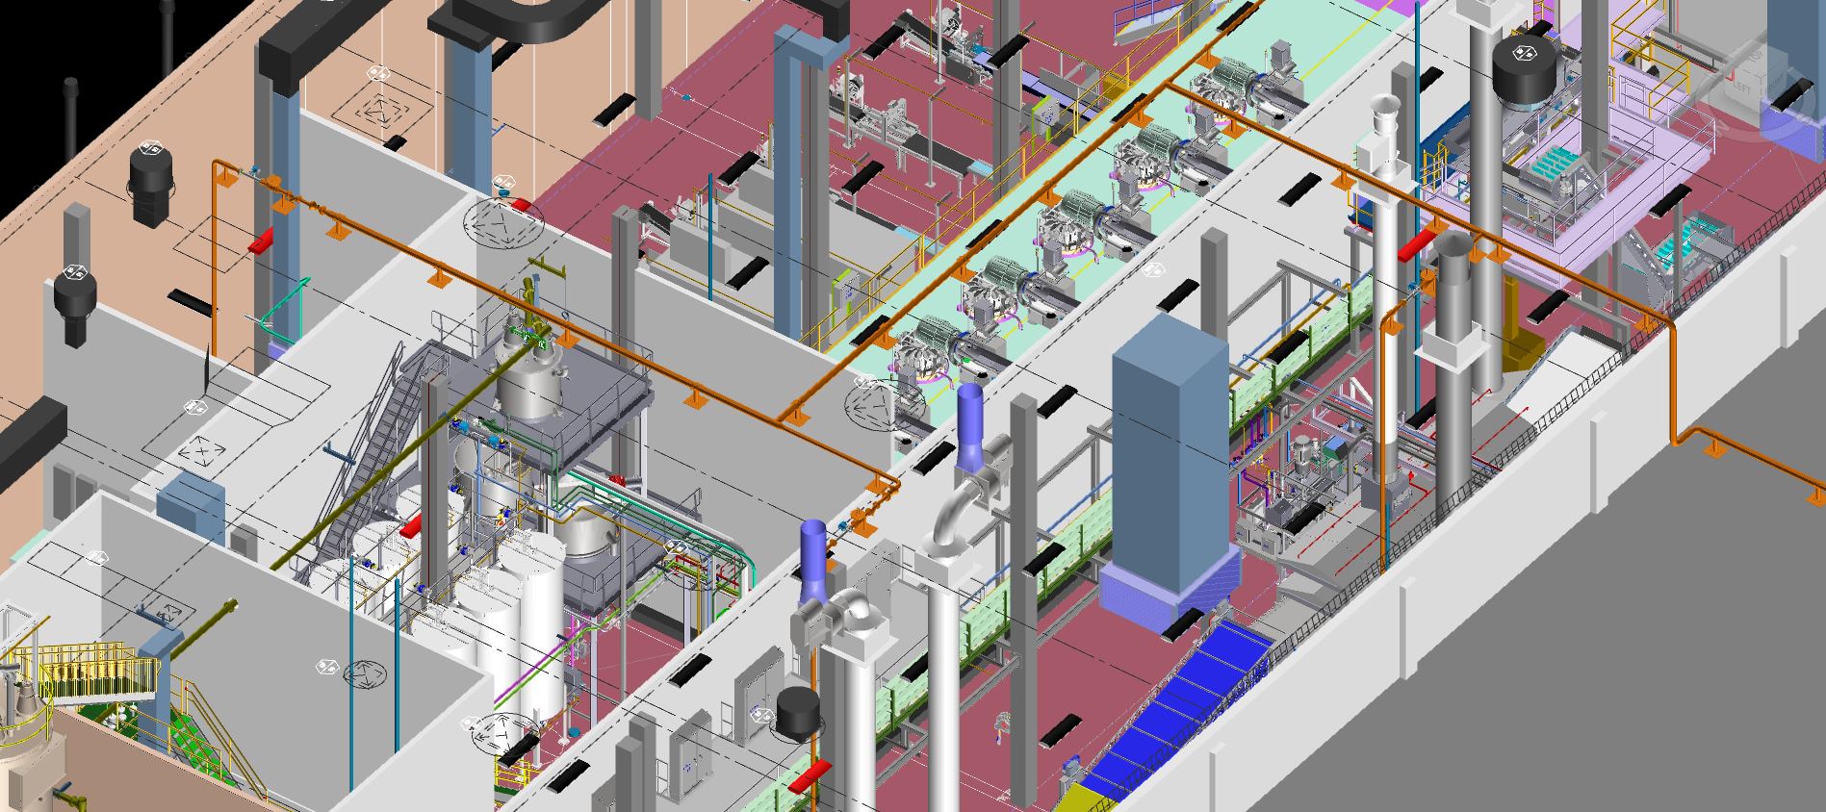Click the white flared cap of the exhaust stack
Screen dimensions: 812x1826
tap(1384, 114)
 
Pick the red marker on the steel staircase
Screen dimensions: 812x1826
tap(411, 526)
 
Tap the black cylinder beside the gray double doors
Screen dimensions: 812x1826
tap(798, 713)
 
